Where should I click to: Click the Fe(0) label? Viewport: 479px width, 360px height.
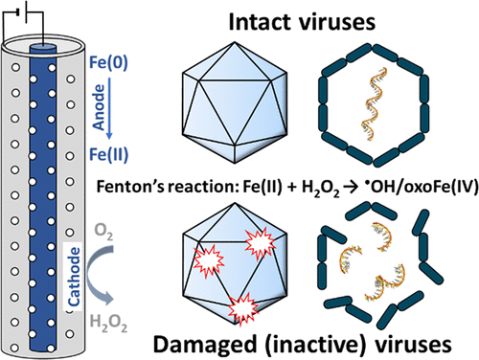click(108, 62)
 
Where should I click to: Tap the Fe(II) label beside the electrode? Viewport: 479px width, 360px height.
click(108, 154)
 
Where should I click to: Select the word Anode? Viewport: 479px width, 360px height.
click(99, 107)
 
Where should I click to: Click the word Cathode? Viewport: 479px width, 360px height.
click(74, 277)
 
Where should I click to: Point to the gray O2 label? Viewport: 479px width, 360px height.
click(103, 231)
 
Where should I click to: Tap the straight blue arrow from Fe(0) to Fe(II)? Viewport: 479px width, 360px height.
click(109, 108)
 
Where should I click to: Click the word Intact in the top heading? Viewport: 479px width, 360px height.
click(260, 22)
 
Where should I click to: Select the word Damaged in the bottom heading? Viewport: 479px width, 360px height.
click(205, 345)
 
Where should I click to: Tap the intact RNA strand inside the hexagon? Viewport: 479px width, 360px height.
click(374, 103)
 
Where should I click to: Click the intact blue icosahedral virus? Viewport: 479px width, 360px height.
click(235, 102)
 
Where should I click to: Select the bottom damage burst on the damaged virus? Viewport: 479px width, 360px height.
click(243, 308)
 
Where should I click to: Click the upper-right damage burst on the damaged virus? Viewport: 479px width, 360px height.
click(261, 242)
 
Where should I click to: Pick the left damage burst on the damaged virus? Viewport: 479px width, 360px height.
click(209, 261)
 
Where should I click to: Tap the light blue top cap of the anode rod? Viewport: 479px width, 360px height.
click(43, 47)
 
